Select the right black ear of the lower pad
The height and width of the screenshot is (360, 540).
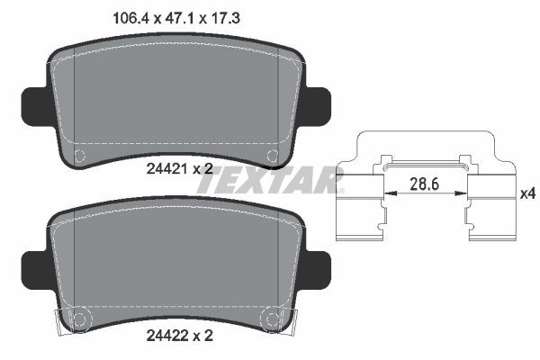tap(320, 265)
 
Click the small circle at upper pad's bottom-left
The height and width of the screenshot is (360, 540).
tap(79, 155)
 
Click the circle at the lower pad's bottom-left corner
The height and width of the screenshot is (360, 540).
tap(78, 317)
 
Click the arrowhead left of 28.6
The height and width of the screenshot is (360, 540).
tap(388, 193)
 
